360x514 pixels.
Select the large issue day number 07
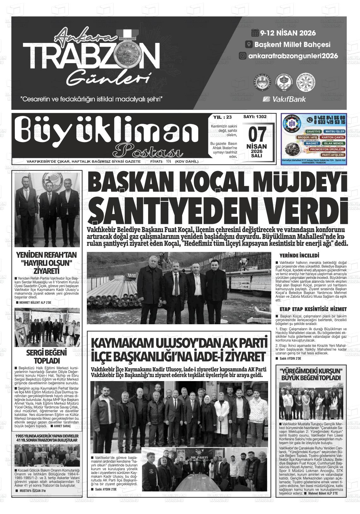pyautogui.click(x=256, y=135)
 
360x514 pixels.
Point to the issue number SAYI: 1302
pyautogui.click(x=255, y=117)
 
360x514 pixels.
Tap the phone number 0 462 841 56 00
pyautogui.click(x=329, y=118)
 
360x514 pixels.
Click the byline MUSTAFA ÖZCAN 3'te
pyautogui.click(x=33, y=491)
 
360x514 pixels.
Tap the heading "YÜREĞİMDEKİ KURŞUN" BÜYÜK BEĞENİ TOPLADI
pyautogui.click(x=311, y=374)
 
